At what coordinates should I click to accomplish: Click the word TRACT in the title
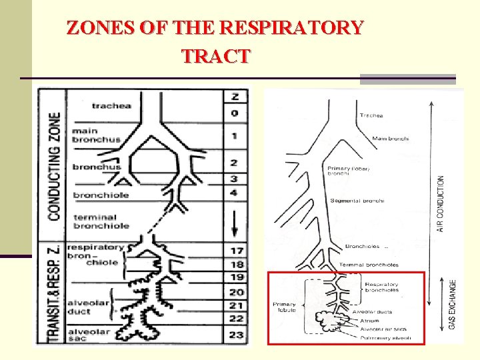(x=215, y=57)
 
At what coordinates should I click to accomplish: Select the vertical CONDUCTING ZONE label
(x=54, y=167)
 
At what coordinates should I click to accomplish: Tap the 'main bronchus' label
(x=96, y=135)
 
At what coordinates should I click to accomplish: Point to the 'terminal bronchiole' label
(x=101, y=221)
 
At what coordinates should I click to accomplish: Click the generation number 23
(x=236, y=334)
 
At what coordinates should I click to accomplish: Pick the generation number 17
(x=236, y=251)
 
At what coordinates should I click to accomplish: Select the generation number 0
(x=235, y=113)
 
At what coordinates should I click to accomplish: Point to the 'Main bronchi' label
(x=390, y=139)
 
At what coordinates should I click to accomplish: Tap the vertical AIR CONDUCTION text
(x=441, y=203)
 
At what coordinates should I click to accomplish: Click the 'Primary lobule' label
(x=285, y=307)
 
